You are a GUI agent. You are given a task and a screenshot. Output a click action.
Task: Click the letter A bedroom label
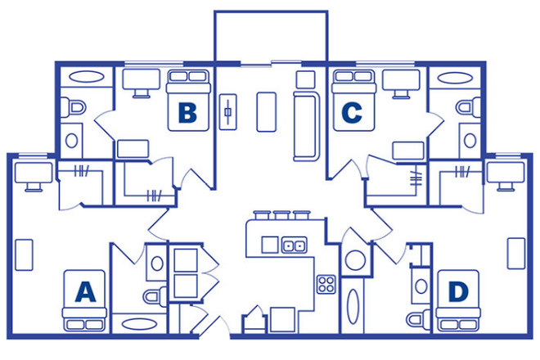click(x=85, y=291)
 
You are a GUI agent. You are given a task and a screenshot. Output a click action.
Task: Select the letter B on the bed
click(x=188, y=113)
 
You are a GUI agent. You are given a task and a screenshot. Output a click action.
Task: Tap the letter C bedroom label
click(x=352, y=113)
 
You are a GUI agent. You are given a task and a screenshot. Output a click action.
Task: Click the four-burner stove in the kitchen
click(x=327, y=284)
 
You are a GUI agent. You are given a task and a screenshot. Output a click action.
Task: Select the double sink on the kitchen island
click(x=294, y=245)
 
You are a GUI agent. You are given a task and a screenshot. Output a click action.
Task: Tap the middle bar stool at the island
click(x=281, y=217)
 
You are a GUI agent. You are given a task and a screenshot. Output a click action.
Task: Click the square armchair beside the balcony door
click(x=304, y=79)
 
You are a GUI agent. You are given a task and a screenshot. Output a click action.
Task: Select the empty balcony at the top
click(x=270, y=37)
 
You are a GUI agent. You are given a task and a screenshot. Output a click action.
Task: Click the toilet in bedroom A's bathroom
click(x=153, y=295)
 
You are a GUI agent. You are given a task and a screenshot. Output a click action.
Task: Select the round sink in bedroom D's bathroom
click(x=420, y=286)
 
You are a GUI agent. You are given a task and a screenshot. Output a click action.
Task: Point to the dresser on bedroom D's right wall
click(x=515, y=252)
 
